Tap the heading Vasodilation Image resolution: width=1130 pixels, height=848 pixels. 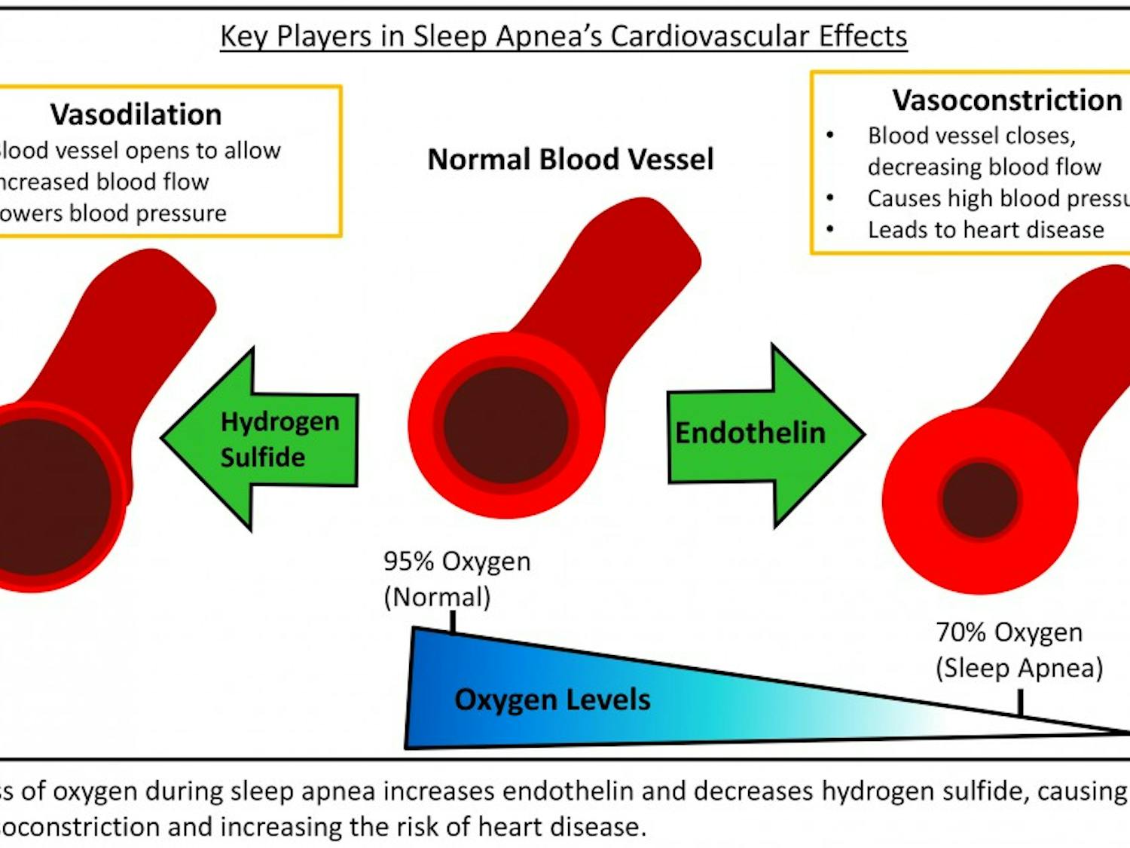tap(136, 115)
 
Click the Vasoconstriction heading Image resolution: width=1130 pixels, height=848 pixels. tap(1006, 100)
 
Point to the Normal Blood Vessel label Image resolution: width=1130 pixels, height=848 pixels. tap(570, 159)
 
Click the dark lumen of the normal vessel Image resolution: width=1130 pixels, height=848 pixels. tap(505, 425)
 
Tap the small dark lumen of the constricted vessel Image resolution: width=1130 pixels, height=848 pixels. tap(979, 500)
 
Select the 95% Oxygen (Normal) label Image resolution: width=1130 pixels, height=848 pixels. tap(457, 579)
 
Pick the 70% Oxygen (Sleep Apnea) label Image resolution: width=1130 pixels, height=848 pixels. tap(1018, 650)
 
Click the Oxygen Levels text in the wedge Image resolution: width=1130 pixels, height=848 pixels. tap(552, 700)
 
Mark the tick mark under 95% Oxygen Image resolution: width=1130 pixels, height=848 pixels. tap(453, 622)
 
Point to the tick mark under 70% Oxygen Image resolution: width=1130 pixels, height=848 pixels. tap(1020, 703)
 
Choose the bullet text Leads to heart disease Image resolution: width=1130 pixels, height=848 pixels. tap(985, 229)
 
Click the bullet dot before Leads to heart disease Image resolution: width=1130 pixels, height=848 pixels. tap(830, 229)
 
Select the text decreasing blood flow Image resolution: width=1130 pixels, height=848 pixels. tap(984, 167)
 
